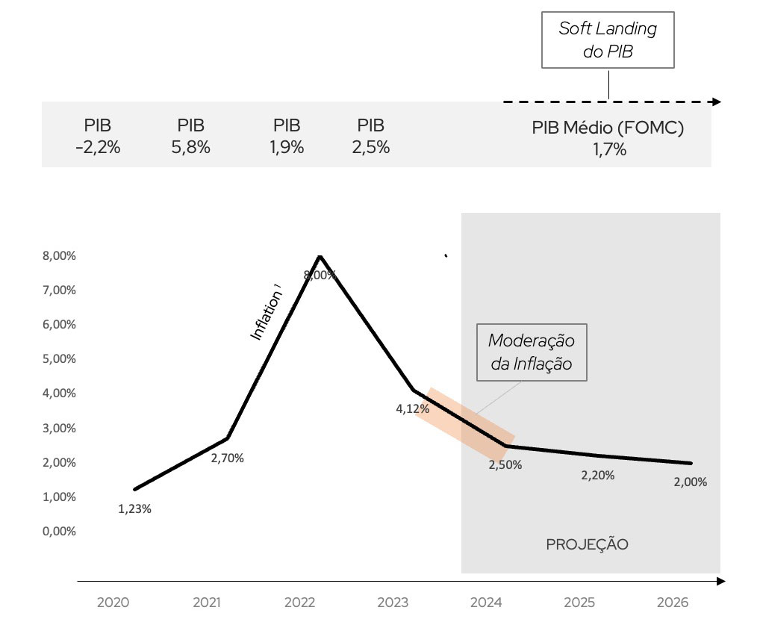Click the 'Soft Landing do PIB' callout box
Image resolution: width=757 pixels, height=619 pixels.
(x=608, y=41)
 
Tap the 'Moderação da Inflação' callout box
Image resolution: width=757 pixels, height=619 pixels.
(x=532, y=352)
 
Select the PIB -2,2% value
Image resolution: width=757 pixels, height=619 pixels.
(x=98, y=147)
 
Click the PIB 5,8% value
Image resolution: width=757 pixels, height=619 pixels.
(x=191, y=147)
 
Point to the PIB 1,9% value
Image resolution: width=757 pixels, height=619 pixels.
(x=287, y=147)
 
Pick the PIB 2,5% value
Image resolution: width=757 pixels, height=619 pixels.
(x=370, y=147)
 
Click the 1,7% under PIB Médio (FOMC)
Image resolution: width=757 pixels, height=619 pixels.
(x=609, y=149)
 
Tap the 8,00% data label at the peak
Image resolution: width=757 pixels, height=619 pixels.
(x=320, y=275)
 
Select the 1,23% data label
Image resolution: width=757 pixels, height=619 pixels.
(x=135, y=509)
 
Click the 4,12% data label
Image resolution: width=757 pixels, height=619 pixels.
(x=413, y=408)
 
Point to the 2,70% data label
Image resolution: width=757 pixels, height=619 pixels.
(x=227, y=458)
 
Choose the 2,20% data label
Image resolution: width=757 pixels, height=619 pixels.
(x=598, y=476)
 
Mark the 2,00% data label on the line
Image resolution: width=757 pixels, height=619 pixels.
(x=690, y=482)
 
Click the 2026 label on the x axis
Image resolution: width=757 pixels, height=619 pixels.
(x=672, y=602)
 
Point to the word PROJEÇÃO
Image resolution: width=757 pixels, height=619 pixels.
(x=588, y=544)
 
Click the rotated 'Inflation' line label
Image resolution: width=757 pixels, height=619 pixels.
(x=267, y=316)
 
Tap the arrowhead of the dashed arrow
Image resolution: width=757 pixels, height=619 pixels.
(x=717, y=102)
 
